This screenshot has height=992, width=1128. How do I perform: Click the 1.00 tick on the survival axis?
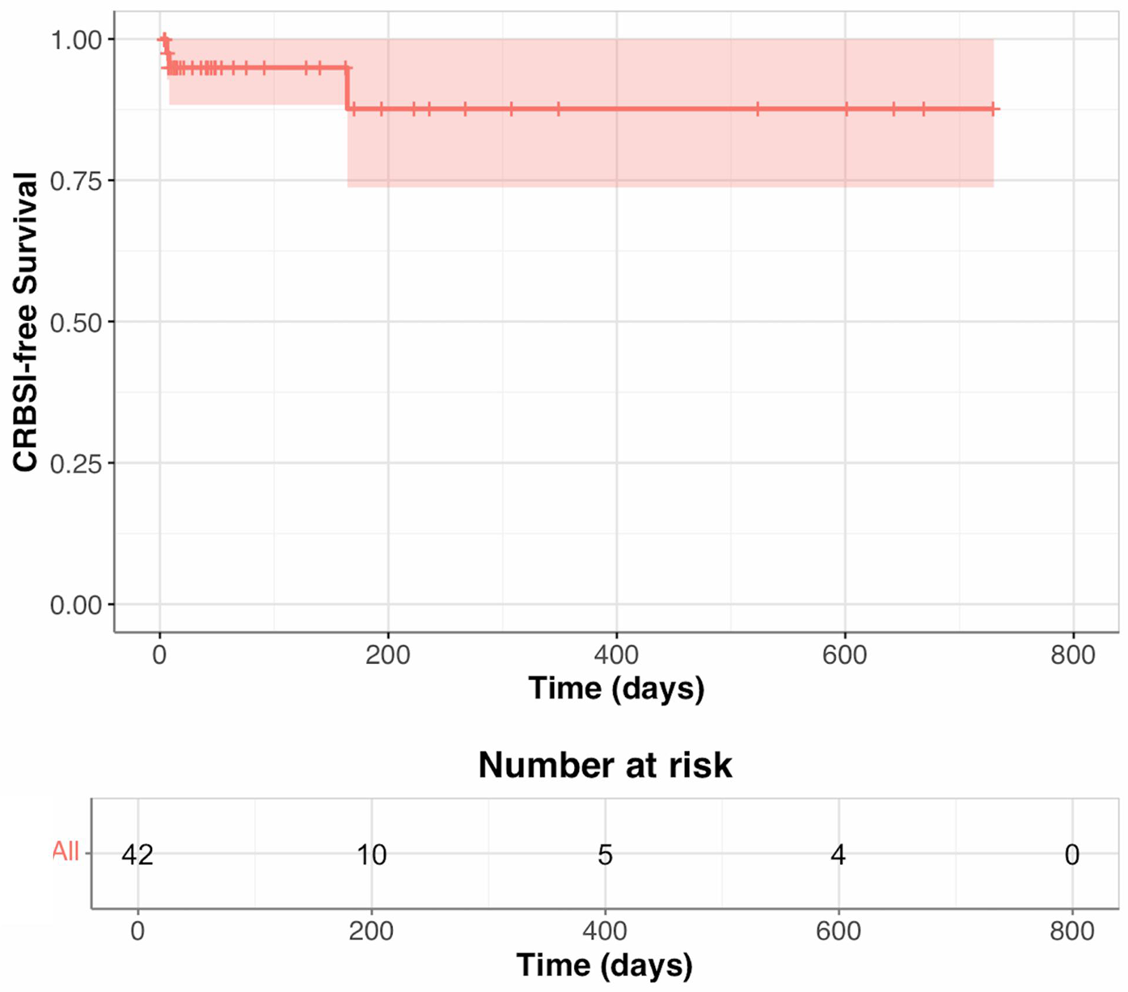[x=76, y=40]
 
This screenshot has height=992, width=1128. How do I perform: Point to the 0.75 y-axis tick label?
[x=76, y=181]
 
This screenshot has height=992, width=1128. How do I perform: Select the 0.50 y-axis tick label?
[x=76, y=323]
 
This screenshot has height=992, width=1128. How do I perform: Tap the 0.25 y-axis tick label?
[x=76, y=464]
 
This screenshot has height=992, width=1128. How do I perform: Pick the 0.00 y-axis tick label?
[x=76, y=606]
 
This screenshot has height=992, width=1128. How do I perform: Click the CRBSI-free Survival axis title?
[x=26, y=322]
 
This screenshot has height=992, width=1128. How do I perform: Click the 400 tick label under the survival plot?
[x=616, y=655]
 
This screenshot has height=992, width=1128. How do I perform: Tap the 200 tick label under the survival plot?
[x=388, y=655]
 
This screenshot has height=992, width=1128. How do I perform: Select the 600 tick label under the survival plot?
[x=845, y=655]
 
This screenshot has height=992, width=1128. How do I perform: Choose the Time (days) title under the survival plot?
[x=616, y=688]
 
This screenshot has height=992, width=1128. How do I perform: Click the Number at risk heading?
[x=605, y=765]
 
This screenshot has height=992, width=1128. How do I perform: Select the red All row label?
[x=65, y=851]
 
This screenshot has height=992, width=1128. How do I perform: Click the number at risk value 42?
[x=137, y=855]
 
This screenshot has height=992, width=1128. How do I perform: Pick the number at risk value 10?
[x=372, y=855]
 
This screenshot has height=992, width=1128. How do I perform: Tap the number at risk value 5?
[x=605, y=855]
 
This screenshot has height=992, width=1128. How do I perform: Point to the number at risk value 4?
[x=839, y=855]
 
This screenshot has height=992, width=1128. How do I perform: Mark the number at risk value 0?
[x=1072, y=855]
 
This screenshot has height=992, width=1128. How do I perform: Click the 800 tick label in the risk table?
[x=1072, y=931]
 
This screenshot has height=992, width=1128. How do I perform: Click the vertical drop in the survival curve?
[x=348, y=88]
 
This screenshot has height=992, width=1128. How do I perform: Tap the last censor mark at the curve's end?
[x=994, y=109]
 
